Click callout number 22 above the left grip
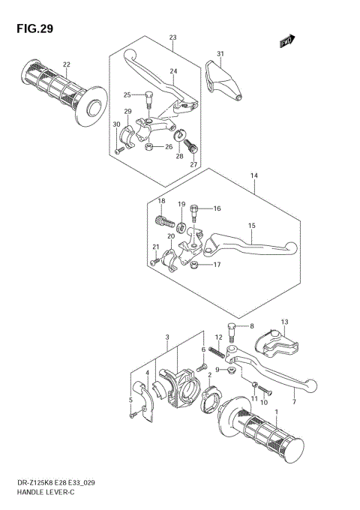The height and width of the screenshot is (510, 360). click(67, 64)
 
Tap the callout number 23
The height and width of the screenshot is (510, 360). click(172, 37)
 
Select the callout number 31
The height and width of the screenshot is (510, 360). click(220, 53)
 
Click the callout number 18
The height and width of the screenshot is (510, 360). click(160, 201)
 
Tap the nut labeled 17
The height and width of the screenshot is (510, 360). click(196, 265)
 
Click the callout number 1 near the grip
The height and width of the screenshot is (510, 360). click(277, 412)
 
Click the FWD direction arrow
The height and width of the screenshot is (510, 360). click(286, 43)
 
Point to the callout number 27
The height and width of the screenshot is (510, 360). click(193, 164)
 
